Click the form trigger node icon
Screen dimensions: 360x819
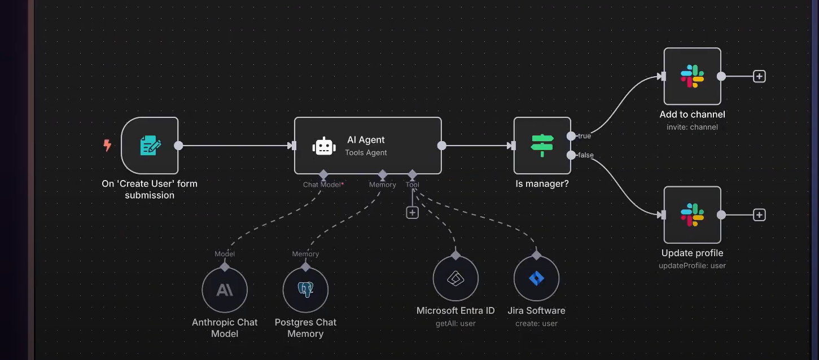tap(150, 146)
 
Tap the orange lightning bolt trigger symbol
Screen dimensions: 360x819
tap(107, 146)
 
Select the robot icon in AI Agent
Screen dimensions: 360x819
tap(324, 146)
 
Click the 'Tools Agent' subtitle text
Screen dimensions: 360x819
tap(366, 152)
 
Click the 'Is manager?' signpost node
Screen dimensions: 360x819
tap(542, 146)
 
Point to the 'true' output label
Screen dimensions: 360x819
tap(584, 136)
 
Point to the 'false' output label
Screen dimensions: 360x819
tap(585, 155)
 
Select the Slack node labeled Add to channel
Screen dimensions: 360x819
tap(692, 76)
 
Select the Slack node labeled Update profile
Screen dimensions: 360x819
tap(692, 214)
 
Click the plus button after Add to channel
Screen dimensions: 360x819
tap(759, 76)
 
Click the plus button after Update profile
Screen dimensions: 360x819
tap(759, 214)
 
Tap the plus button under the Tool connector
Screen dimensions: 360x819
tap(413, 213)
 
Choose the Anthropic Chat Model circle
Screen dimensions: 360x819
tap(225, 290)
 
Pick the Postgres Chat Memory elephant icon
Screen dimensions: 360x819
tap(305, 290)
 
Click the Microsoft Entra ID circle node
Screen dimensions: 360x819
tap(456, 279)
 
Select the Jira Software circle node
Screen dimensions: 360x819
tap(536, 279)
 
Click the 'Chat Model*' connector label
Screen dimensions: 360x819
tap(323, 185)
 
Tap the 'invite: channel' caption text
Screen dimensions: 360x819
tap(692, 127)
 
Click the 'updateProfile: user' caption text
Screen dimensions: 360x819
tap(692, 266)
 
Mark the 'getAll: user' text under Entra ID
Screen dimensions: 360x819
tap(456, 324)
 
